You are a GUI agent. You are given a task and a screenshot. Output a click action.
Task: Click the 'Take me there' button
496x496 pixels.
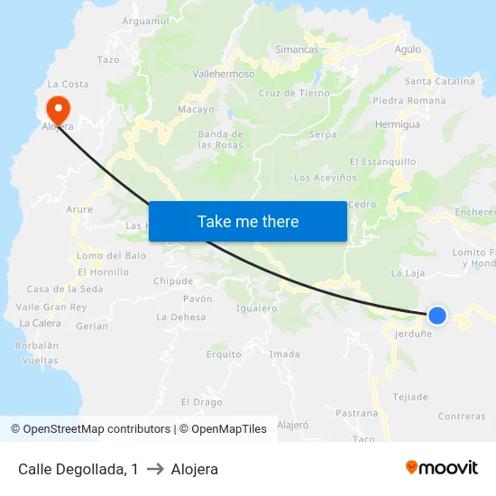248,221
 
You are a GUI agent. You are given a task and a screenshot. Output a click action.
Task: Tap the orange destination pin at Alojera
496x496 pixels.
58,110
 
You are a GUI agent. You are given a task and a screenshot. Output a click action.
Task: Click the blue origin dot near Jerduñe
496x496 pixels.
436,315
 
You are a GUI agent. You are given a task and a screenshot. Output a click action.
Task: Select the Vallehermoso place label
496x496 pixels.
224,74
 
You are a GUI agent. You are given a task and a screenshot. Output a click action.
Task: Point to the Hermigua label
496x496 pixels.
398,124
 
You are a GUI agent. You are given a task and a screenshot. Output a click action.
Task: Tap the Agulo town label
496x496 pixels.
408,50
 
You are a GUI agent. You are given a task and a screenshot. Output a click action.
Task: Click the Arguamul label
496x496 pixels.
145,21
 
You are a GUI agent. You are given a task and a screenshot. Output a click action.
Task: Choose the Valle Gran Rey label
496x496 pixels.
51,307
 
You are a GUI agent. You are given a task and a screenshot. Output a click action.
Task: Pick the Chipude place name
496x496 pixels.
173,281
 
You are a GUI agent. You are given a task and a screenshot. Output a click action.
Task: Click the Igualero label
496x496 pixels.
256,308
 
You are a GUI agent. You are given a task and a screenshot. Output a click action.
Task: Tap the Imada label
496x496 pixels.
285,354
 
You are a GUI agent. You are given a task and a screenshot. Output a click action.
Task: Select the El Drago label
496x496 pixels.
202,402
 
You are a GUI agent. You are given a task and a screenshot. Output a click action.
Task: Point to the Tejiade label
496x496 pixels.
410,397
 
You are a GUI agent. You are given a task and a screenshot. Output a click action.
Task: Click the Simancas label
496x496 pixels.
298,49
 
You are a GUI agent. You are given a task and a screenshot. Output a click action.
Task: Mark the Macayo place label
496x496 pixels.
196,109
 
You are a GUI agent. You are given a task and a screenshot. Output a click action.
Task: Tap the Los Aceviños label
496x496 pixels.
326,178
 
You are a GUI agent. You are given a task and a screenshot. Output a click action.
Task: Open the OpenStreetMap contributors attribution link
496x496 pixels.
96,429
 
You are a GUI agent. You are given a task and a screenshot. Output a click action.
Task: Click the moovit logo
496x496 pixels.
442,467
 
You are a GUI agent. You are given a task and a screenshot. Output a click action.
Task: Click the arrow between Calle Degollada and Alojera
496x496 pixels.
154,469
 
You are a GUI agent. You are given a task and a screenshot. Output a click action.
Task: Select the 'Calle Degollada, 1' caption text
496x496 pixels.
78,469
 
